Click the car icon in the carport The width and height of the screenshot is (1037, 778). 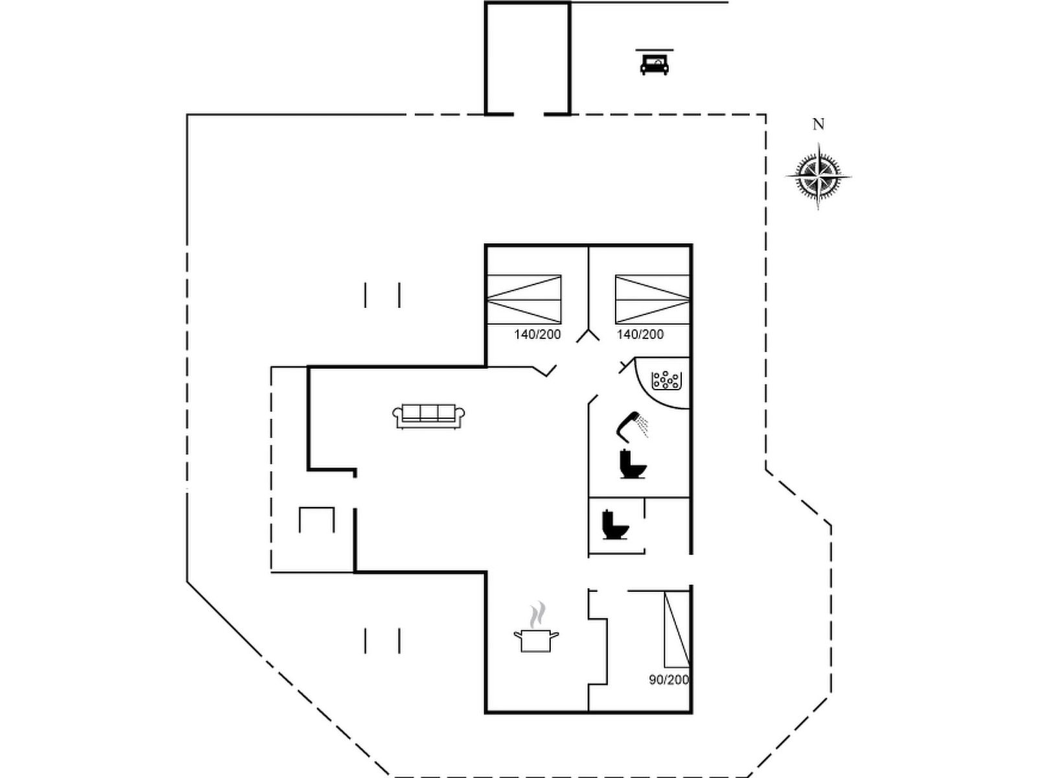click(x=654, y=64)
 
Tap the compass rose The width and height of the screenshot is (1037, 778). click(x=819, y=176)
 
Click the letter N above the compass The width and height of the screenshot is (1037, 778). click(x=819, y=124)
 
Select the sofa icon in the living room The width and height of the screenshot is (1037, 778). click(x=429, y=416)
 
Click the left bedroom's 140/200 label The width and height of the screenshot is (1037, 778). click(x=537, y=335)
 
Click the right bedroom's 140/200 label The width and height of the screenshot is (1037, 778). click(x=640, y=335)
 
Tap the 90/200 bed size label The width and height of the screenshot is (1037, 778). click(x=669, y=679)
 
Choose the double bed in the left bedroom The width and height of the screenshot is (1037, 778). click(x=524, y=299)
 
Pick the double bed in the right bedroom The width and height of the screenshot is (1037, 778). click(x=652, y=299)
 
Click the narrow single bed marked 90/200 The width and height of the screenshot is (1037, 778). click(x=677, y=629)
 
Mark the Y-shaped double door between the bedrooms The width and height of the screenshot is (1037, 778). click(x=589, y=335)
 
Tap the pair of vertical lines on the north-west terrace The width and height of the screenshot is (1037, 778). click(x=382, y=295)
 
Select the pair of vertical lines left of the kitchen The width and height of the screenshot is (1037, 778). click(x=382, y=641)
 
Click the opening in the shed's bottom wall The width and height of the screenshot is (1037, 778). click(x=528, y=114)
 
